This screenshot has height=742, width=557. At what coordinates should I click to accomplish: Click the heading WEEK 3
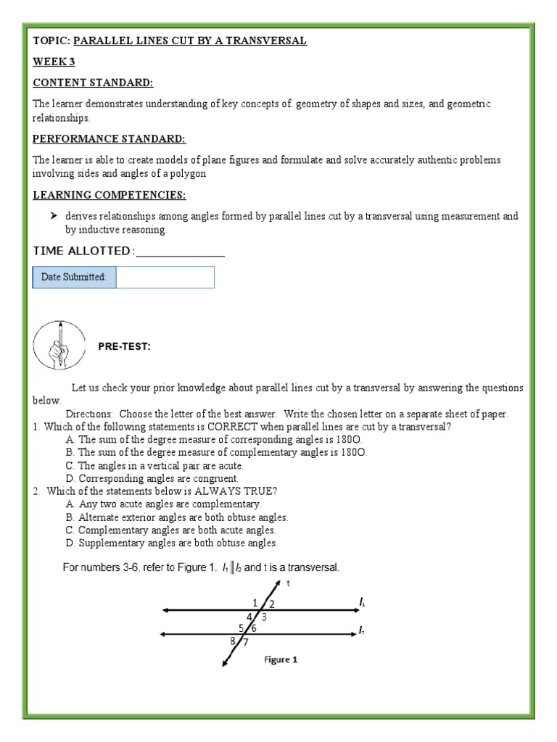pos(54,62)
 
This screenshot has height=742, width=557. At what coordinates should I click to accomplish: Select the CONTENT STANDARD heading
pos(93,83)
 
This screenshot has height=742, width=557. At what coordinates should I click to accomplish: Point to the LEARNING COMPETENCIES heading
pos(109,195)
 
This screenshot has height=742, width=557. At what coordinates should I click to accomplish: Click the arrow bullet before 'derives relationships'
pos(54,217)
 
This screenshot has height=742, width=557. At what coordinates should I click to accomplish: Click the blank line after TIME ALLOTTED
pos(181,251)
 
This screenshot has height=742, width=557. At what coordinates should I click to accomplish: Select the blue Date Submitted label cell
pos(74,277)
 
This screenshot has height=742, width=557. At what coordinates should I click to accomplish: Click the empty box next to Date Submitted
pos(165,277)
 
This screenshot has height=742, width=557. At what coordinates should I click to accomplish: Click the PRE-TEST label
pos(124,347)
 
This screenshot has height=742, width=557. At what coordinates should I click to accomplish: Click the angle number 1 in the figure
pos(255,602)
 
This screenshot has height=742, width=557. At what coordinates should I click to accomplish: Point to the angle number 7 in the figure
pos(246,642)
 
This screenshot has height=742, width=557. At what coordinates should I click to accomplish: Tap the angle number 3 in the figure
pos(264,617)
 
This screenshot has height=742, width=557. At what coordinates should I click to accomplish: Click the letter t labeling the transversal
pos(288,583)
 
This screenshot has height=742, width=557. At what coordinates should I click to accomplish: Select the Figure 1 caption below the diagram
pos(279,660)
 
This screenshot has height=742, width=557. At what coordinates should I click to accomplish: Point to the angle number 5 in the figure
pos(241,628)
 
